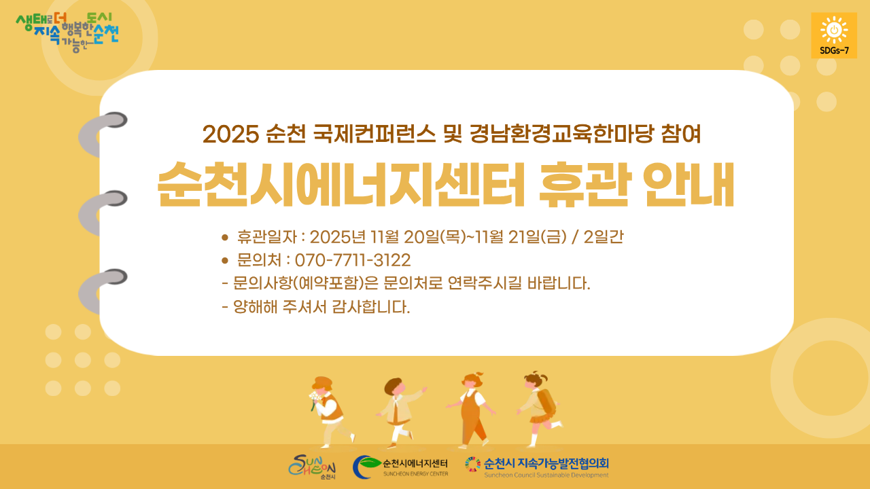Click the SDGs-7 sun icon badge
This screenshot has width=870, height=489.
pos(834,35)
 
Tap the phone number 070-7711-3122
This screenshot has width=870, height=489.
pos(353,260)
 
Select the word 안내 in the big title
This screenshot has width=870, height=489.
pos(689,184)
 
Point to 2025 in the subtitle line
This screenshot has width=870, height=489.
pos(230,134)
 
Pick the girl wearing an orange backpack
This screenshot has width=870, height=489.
pos(539,409)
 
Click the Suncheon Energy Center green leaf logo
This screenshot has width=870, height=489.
pos(366,467)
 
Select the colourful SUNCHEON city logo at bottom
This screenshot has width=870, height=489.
pos(312,467)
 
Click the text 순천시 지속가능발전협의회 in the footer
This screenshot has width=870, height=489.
pos(546,463)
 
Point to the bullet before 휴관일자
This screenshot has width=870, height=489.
pos(224,237)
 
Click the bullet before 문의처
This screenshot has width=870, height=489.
pos(224,260)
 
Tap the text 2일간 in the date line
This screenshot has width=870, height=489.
pos(603,237)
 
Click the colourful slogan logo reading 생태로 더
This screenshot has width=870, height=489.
pos(67,33)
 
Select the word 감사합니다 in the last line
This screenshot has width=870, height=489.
pos(371,307)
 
